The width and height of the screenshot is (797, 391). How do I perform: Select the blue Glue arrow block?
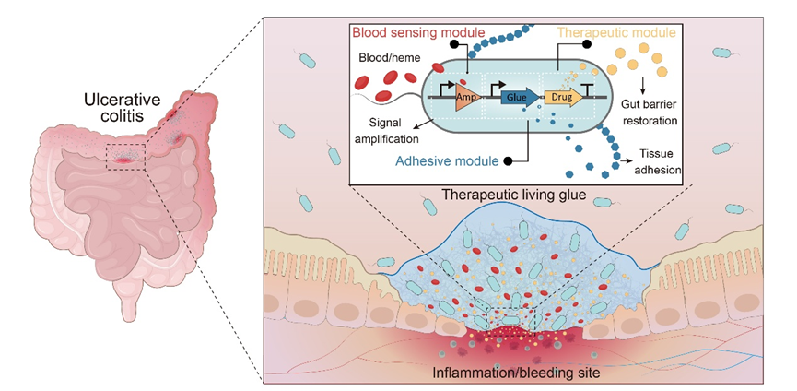point(521,97)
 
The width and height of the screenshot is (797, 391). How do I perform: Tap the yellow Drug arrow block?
point(564,97)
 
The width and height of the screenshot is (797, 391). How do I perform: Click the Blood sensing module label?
point(417,33)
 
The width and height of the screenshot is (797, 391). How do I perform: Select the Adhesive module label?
point(447,161)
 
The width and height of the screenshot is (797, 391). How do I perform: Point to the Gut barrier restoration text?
point(651,113)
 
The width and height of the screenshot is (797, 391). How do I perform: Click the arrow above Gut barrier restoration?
point(643,86)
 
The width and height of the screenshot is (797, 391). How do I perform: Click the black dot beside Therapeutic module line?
point(587,45)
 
